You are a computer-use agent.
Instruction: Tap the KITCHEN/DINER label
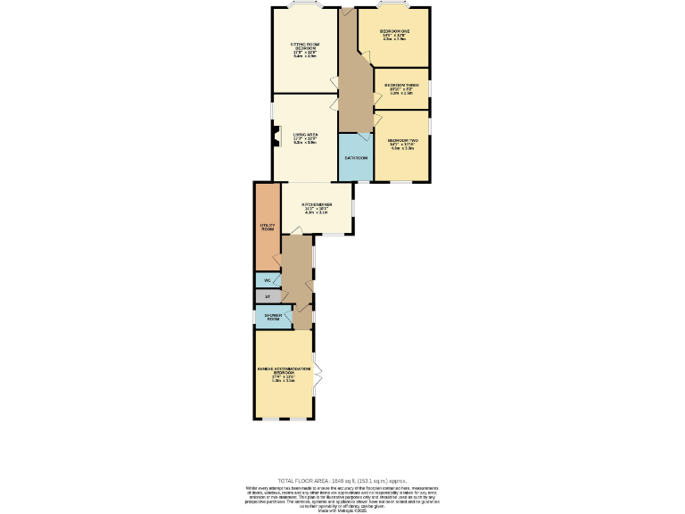pos(317,206)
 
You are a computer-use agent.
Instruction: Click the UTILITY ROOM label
pos(267,228)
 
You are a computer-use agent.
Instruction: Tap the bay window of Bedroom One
pos(392,8)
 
